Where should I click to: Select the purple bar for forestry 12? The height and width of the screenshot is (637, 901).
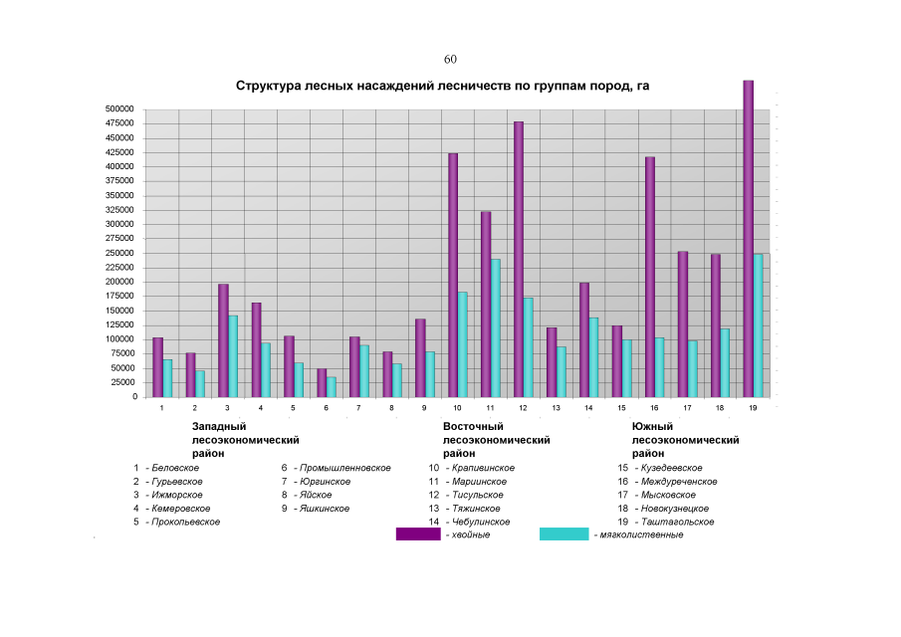pyautogui.click(x=519, y=259)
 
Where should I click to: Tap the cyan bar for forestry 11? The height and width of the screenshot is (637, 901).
pyautogui.click(x=495, y=327)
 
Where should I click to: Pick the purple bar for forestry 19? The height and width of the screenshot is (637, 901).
pyautogui.click(x=749, y=239)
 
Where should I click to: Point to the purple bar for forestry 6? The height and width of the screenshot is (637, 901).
pyautogui.click(x=322, y=382)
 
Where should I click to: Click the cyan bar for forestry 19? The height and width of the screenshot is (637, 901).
pyautogui.click(x=759, y=324)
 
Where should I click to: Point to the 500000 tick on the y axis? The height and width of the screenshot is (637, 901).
pyautogui.click(x=119, y=108)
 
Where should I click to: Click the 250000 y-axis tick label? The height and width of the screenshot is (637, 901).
pyautogui.click(x=119, y=253)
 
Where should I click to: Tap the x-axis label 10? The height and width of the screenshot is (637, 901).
pyautogui.click(x=457, y=408)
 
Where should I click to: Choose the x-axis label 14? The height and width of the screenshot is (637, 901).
pyautogui.click(x=588, y=408)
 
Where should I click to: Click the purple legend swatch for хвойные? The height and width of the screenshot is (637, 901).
pyautogui.click(x=418, y=534)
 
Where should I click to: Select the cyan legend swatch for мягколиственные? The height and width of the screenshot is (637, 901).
pyautogui.click(x=563, y=534)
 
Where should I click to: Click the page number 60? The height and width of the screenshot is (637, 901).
pyautogui.click(x=450, y=60)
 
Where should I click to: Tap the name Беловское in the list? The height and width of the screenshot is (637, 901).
pyautogui.click(x=175, y=468)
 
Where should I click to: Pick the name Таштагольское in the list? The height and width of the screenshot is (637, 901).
pyautogui.click(x=679, y=522)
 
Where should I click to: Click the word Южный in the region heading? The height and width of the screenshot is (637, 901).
pyautogui.click(x=652, y=426)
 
